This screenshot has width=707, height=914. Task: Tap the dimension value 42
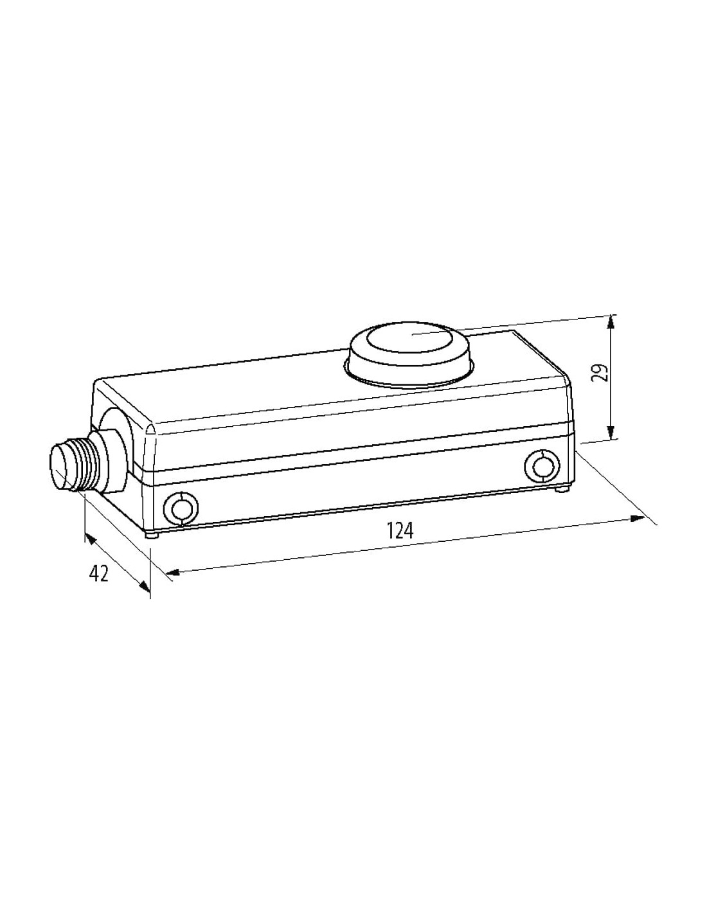pos(99,573)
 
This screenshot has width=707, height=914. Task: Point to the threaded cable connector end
pos(76,463)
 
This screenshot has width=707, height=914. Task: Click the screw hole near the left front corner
pos(181,509)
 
